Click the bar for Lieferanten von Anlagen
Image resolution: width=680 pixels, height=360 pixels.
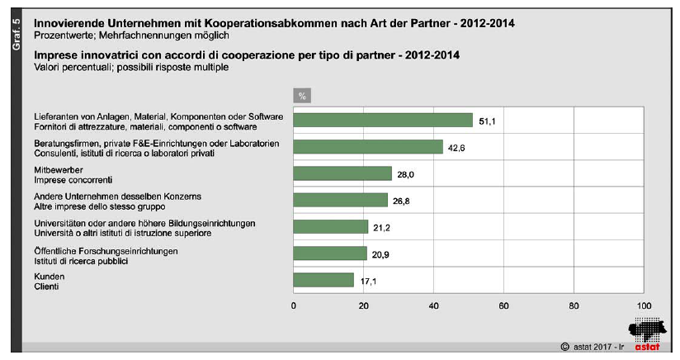(383, 121)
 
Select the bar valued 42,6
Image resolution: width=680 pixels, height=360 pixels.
(368, 147)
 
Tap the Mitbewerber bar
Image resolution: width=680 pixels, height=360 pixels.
(342, 173)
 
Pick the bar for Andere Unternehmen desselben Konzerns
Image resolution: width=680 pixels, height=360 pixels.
(340, 200)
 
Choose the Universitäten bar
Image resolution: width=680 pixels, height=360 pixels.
(330, 226)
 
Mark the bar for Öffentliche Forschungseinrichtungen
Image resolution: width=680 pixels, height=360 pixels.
(330, 253)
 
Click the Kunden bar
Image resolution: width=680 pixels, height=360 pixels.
(323, 280)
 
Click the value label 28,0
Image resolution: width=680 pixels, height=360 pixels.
(406, 174)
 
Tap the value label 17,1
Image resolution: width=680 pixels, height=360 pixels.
(368, 281)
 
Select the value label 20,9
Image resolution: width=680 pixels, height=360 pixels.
(381, 254)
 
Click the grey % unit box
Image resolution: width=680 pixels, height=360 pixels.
(302, 97)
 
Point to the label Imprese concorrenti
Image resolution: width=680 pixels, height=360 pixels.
(72, 179)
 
